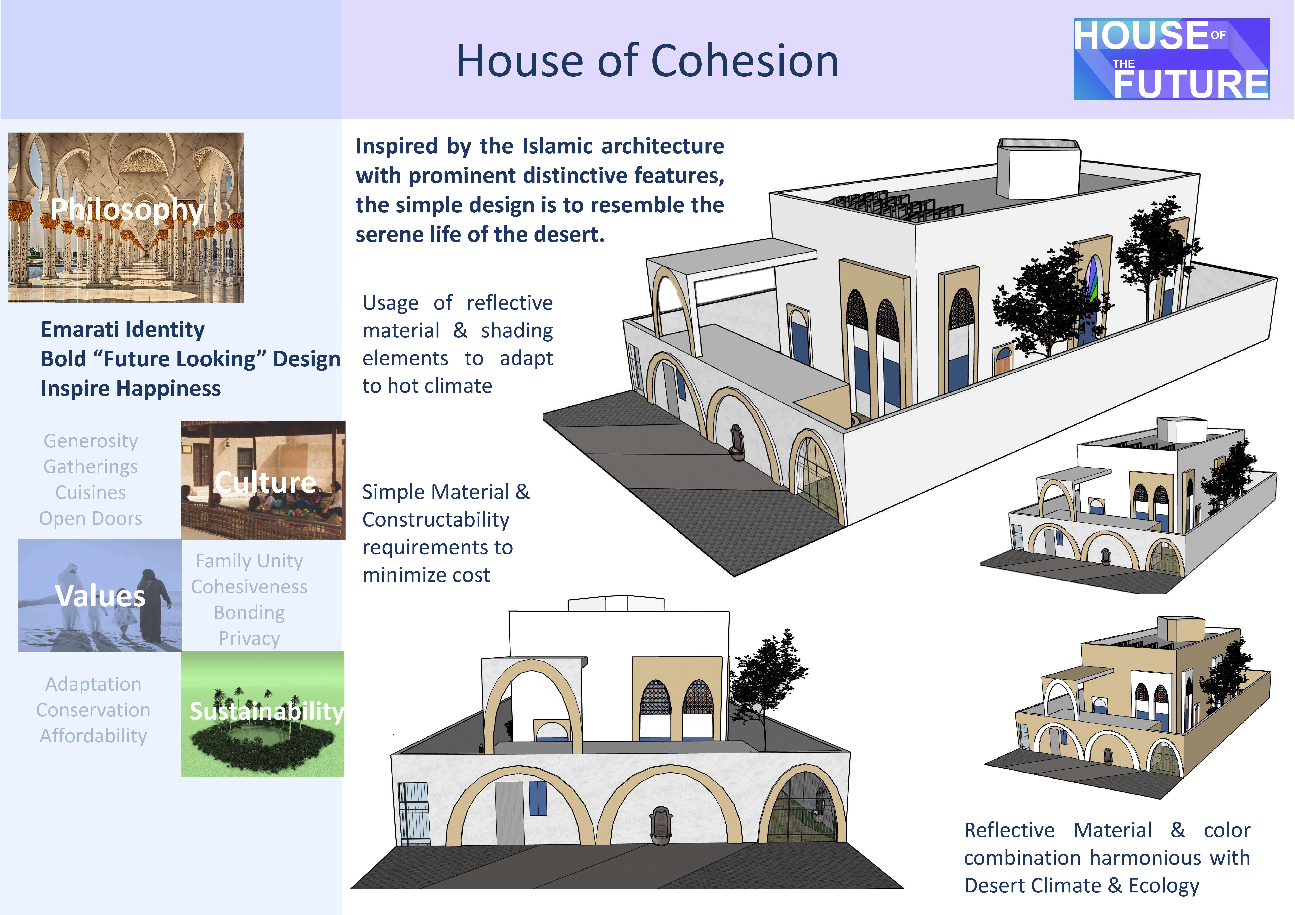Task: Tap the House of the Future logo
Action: coord(1172,59)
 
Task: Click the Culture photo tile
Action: coord(263,480)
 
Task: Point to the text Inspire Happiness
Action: coord(131,388)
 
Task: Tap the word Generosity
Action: coord(91,441)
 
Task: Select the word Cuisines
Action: coord(91,492)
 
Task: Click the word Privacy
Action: coord(249,638)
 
